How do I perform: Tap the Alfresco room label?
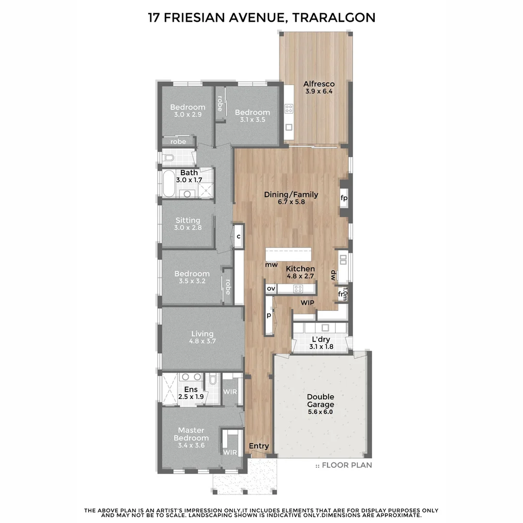pyautogui.click(x=319, y=84)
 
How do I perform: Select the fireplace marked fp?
pyautogui.click(x=344, y=198)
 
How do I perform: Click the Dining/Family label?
pyautogui.click(x=291, y=195)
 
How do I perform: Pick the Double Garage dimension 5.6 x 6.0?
pyautogui.click(x=320, y=412)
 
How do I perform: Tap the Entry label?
pyautogui.click(x=259, y=446)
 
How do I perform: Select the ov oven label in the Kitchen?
pyautogui.click(x=271, y=289)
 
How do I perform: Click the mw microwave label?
pyautogui.click(x=271, y=265)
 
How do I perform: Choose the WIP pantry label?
pyautogui.click(x=308, y=303)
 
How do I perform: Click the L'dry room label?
pyautogui.click(x=321, y=339)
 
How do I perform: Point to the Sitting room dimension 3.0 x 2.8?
pyautogui.click(x=188, y=228)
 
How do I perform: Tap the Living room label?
pyautogui.click(x=202, y=334)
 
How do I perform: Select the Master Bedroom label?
pyautogui.click(x=191, y=434)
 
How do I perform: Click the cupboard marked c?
pyautogui.click(x=238, y=236)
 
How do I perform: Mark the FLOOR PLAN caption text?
pyautogui.click(x=347, y=465)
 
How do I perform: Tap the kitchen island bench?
pyautogui.click(x=290, y=255)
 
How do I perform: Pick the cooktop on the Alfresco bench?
pyautogui.click(x=289, y=109)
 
